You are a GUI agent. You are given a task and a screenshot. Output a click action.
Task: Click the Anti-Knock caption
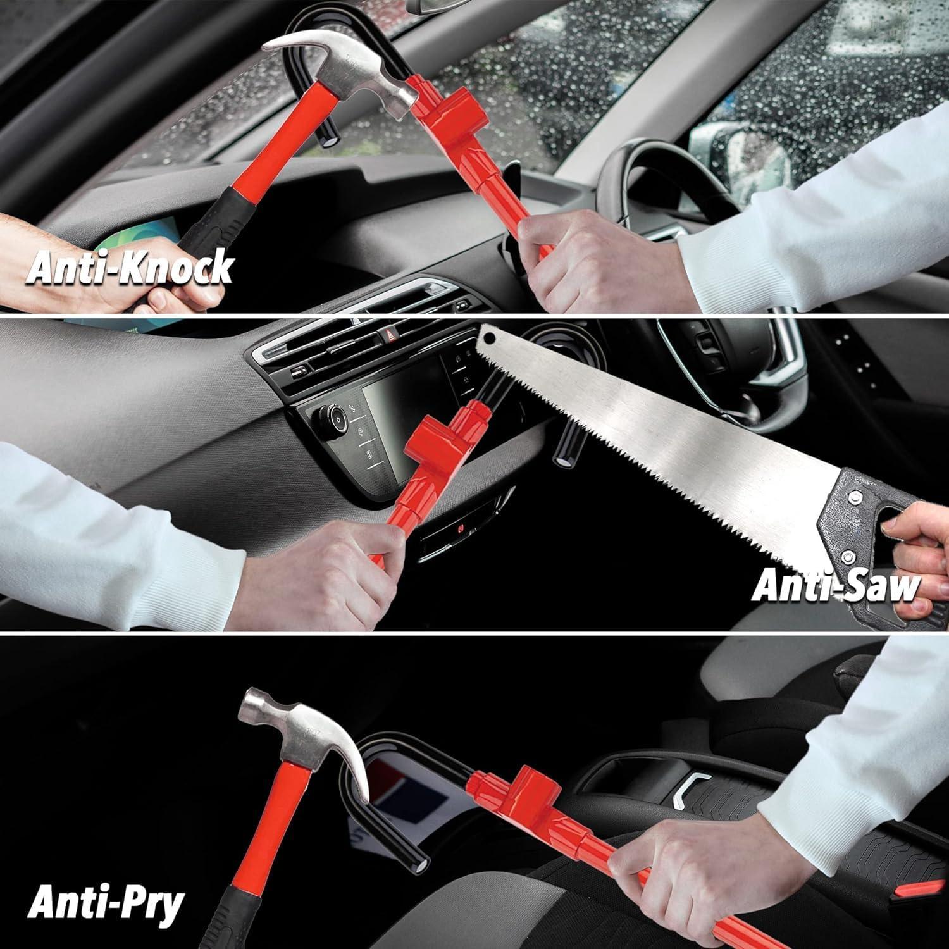tap(130, 267)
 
